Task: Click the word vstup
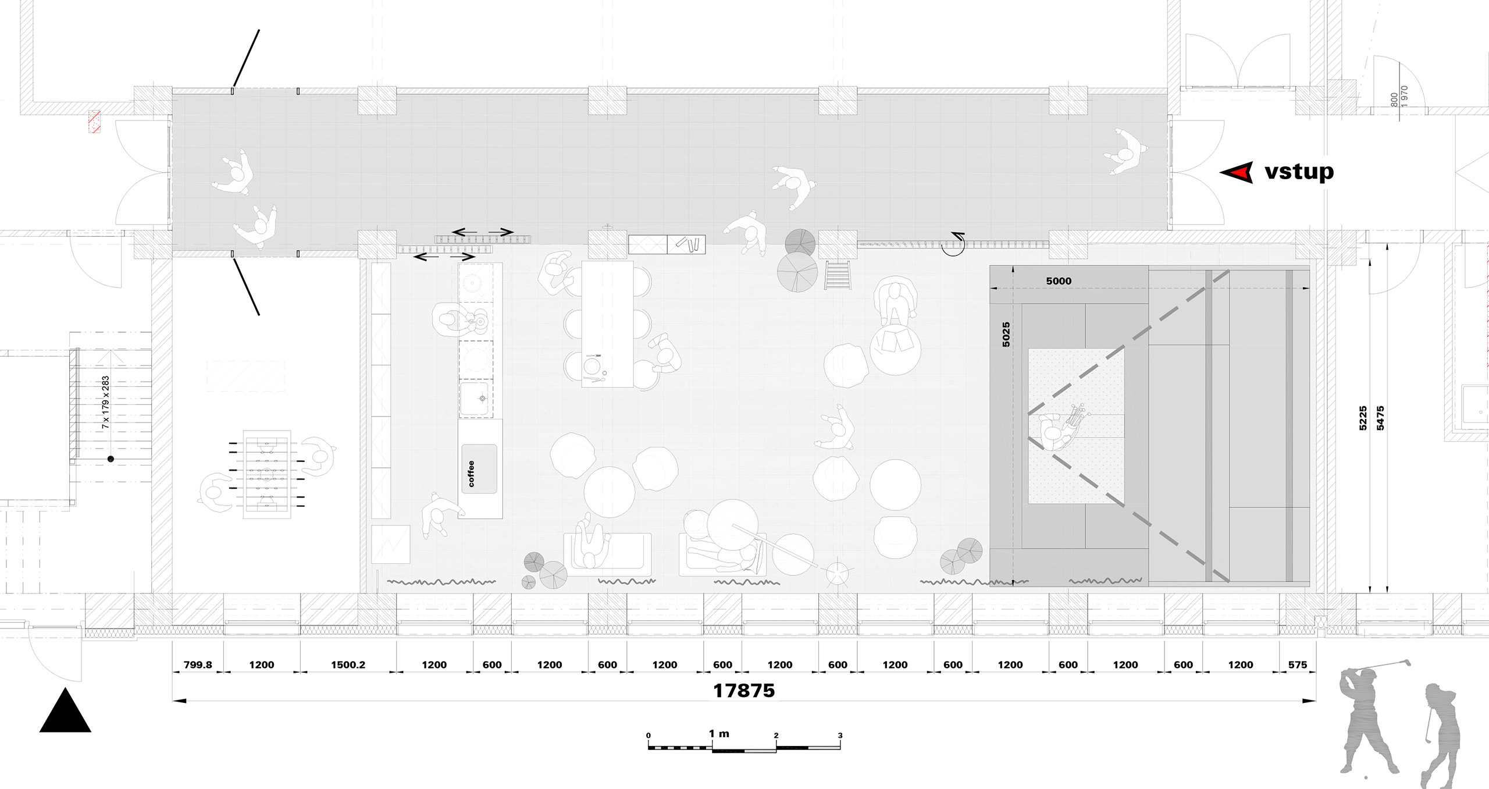tap(1299, 172)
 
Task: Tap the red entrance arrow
tap(1237, 172)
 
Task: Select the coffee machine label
tap(471, 474)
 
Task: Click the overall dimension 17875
tap(744, 691)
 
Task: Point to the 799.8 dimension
tap(198, 664)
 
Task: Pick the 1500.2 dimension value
tap(348, 664)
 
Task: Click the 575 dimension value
tap(1297, 664)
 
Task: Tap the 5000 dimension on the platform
tap(1059, 281)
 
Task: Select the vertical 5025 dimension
tap(1006, 335)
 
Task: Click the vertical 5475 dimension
tap(1380, 418)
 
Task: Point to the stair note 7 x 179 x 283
tap(105, 403)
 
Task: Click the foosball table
tap(266, 474)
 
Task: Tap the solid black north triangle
tap(65, 710)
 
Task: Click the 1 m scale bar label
tap(719, 734)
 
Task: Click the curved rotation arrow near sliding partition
tap(954, 244)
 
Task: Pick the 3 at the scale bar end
tap(840, 735)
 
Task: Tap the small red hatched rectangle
tap(94, 122)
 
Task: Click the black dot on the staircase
tap(111, 459)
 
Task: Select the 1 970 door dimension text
tap(1404, 97)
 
